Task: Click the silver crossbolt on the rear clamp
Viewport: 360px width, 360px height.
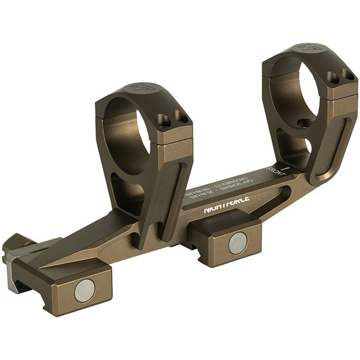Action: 84,290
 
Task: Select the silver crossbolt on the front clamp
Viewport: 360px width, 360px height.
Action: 237,243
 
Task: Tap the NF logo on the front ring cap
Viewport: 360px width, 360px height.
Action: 308,47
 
